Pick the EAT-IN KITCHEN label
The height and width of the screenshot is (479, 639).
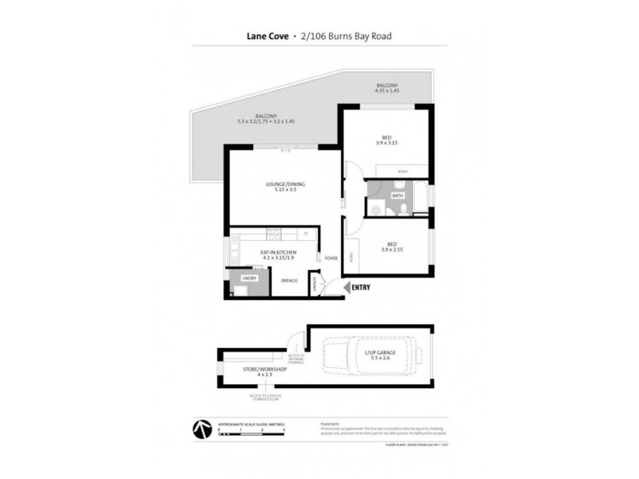tap(279, 252)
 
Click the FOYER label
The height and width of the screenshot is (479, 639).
tap(330, 257)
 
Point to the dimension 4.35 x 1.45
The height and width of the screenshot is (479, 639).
tap(387, 91)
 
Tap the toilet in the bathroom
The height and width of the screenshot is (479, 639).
tap(407, 208)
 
